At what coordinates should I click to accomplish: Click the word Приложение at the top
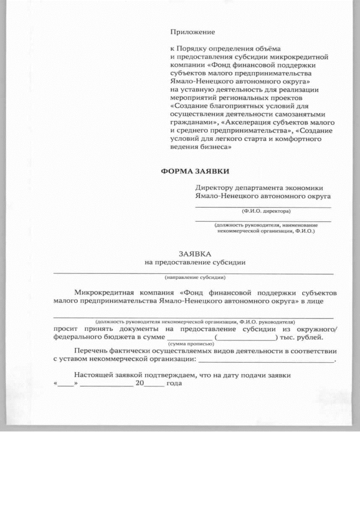[192, 33]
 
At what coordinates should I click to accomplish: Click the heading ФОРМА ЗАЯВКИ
[196, 170]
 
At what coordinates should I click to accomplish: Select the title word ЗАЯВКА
[195, 254]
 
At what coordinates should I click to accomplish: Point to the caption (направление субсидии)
[195, 278]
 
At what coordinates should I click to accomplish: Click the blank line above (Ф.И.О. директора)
[263, 208]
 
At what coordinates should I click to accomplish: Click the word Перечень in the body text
[91, 351]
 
